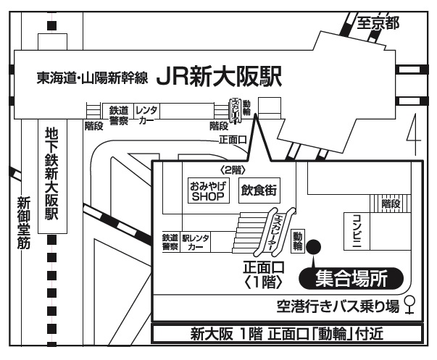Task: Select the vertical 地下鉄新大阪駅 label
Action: tap(51, 174)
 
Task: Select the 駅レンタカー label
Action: tap(196, 242)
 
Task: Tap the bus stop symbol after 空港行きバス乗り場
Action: tap(411, 306)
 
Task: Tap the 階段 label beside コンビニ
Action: tap(391, 204)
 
